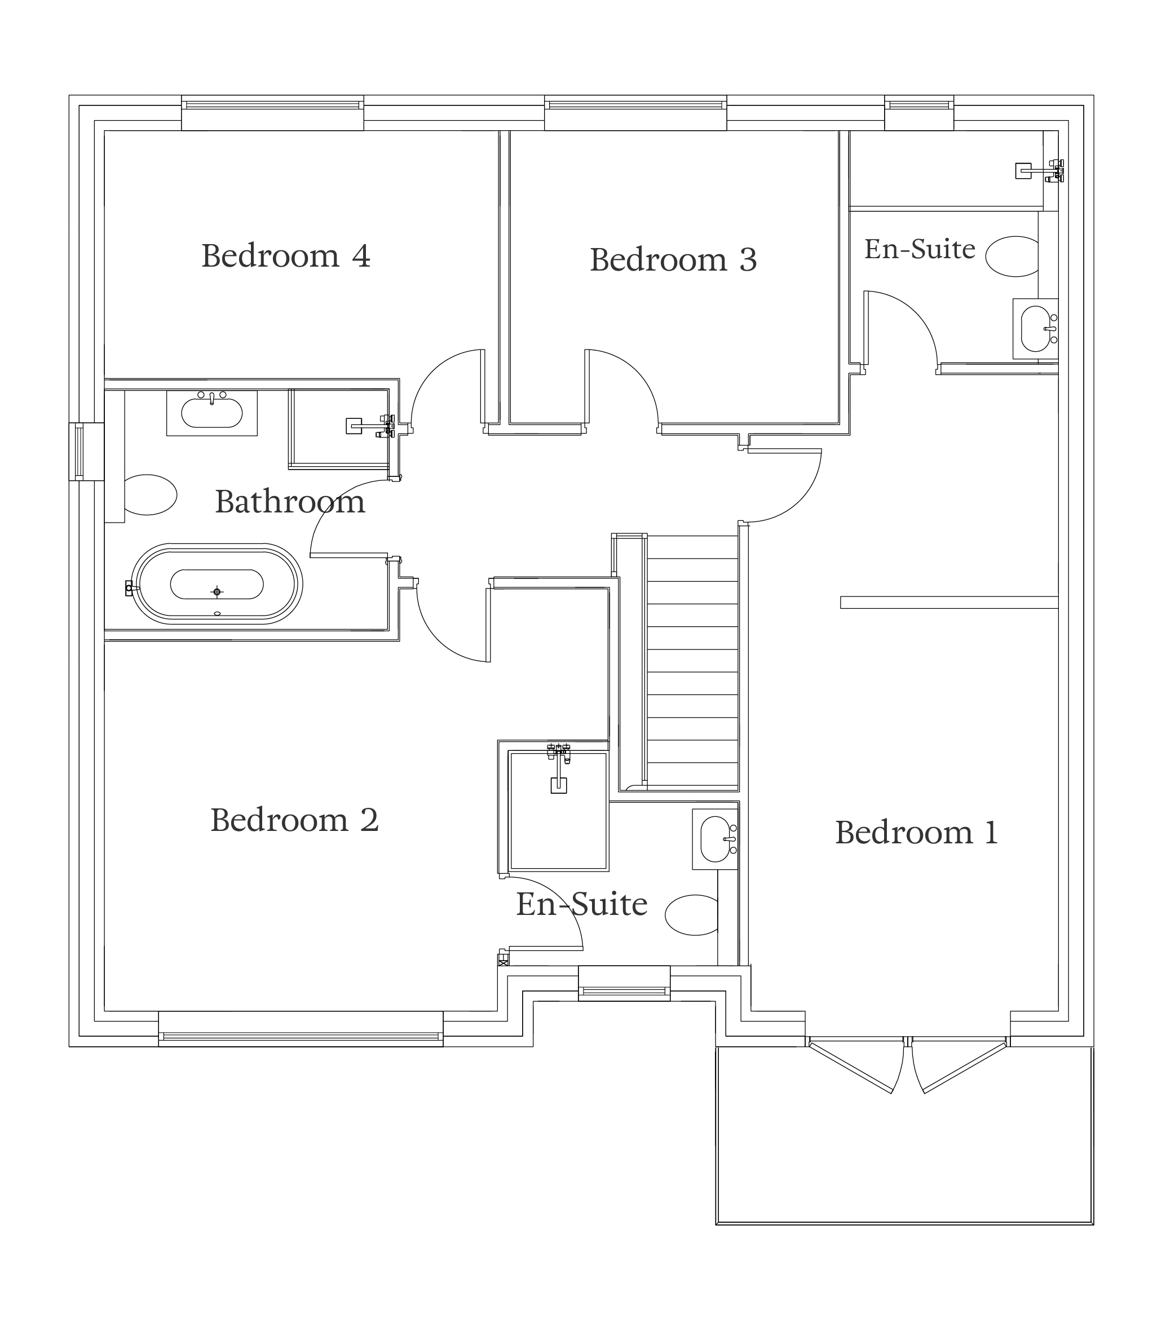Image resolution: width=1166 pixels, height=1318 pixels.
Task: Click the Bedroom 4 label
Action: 286,256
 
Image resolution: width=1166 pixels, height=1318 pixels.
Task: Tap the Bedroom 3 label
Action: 673,260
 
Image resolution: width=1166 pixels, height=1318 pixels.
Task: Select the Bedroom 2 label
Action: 295,820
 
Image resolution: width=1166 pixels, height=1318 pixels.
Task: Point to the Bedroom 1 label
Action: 916,833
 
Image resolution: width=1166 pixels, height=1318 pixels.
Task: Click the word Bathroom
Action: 290,502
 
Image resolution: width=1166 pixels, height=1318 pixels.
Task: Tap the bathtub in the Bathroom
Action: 217,583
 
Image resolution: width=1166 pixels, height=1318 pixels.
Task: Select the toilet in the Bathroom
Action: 149,494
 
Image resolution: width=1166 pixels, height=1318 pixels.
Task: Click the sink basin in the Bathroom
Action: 211,413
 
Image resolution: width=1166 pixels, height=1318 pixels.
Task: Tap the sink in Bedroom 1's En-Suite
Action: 1035,329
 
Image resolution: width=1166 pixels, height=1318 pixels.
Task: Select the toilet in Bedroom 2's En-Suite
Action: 691,914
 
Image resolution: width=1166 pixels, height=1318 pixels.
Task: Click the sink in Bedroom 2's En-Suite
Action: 715,839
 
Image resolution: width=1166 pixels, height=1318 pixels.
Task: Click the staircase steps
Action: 692,663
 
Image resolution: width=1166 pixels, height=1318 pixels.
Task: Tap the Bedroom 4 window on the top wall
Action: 272,113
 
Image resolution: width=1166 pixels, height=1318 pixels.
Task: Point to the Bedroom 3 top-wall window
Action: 635,113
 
